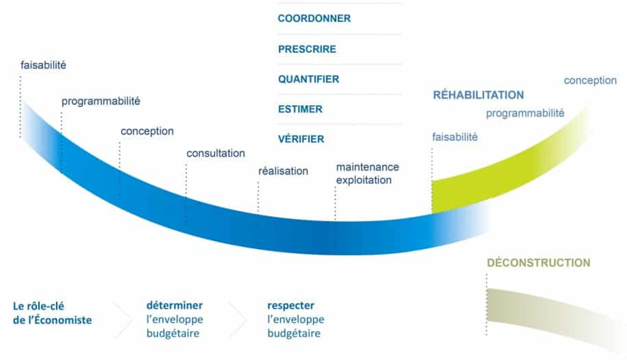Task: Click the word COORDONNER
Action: pyautogui.click(x=314, y=19)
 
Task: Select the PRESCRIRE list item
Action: pyautogui.click(x=307, y=49)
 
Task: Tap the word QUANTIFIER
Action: pyautogui.click(x=309, y=79)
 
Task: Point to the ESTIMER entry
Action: pyautogui.click(x=300, y=109)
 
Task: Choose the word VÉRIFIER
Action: pyautogui.click(x=301, y=139)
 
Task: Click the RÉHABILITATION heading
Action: pyautogui.click(x=478, y=95)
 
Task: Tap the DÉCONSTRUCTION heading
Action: pyautogui.click(x=539, y=263)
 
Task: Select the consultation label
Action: pyautogui.click(x=215, y=153)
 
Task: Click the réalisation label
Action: pyautogui.click(x=283, y=171)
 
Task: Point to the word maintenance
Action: pyautogui.click(x=367, y=167)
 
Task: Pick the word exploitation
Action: pyautogui.click(x=364, y=181)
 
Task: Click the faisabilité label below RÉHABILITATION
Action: pyautogui.click(x=455, y=137)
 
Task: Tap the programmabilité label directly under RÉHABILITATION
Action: pyautogui.click(x=525, y=114)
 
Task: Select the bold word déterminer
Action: pyautogui.click(x=175, y=306)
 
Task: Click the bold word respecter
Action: pyautogui.click(x=291, y=306)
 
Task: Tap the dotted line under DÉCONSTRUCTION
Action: pyautogui.click(x=487, y=304)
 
